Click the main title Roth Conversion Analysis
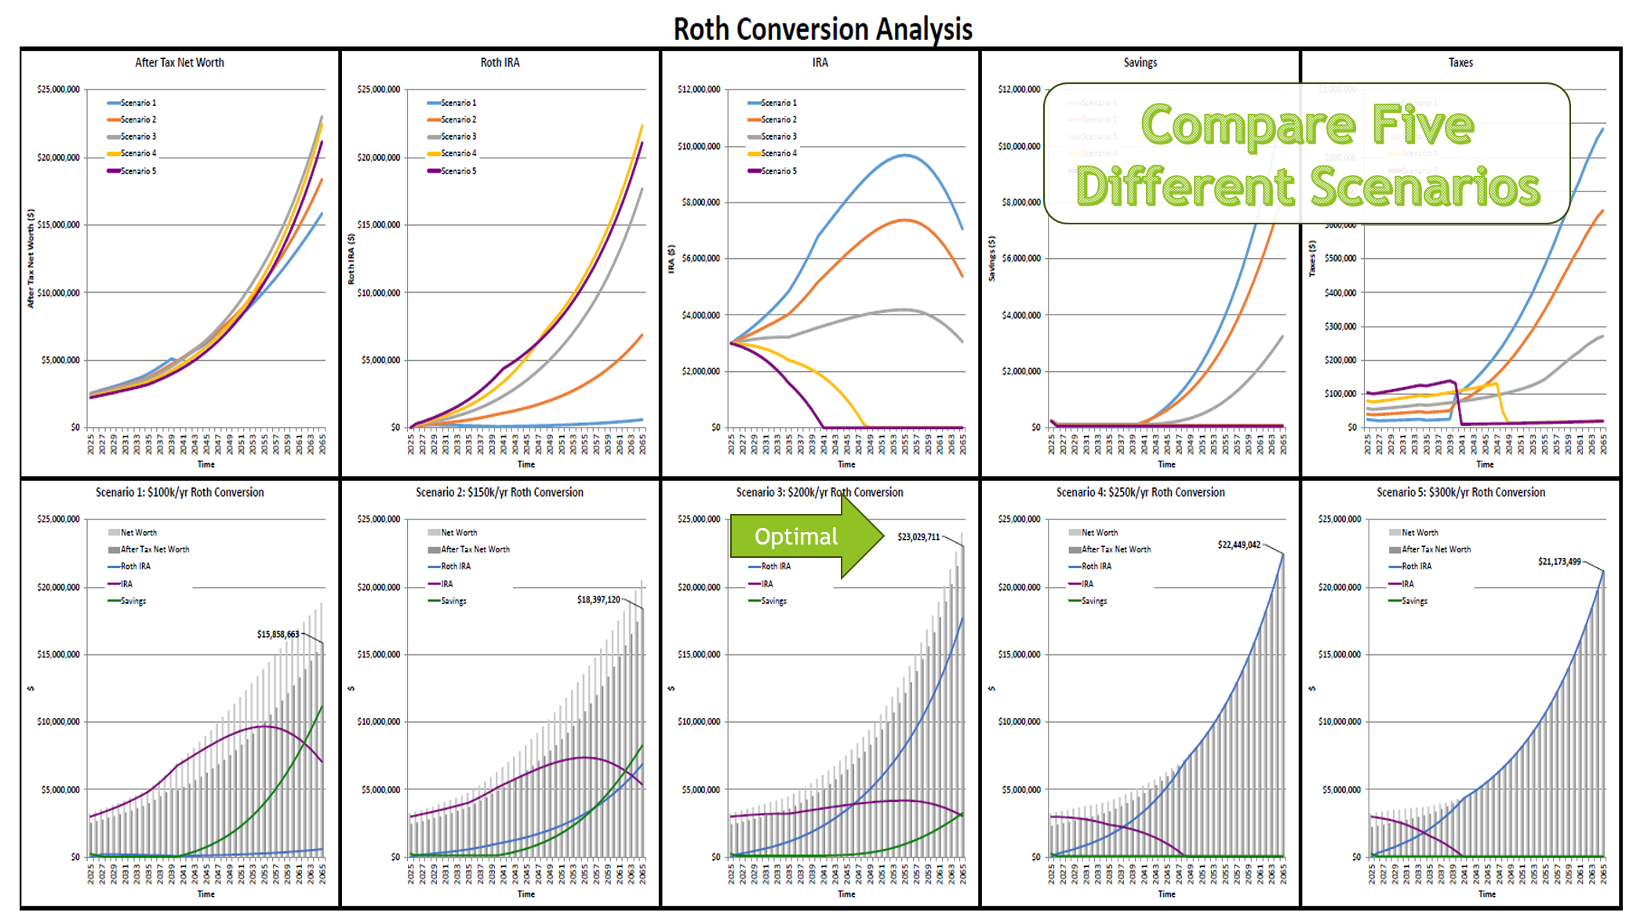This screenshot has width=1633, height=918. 822,29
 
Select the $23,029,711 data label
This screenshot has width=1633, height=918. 918,537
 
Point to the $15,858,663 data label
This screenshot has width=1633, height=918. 278,634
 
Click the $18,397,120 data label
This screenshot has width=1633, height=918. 598,599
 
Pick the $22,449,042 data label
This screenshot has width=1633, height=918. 1238,545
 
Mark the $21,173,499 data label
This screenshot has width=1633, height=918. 1558,562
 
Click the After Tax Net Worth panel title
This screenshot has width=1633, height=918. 179,63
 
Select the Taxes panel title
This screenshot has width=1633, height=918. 1460,63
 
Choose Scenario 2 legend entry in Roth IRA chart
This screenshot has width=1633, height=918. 457,120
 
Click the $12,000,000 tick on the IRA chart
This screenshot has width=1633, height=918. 698,89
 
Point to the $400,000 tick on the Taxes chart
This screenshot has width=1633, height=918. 1340,293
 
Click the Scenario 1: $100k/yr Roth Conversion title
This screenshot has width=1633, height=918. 180,493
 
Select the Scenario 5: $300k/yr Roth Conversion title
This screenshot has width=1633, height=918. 1460,493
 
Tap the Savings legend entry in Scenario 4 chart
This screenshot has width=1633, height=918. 1093,601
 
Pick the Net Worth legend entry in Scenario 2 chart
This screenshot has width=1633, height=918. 458,533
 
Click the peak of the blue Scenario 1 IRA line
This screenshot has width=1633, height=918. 905,155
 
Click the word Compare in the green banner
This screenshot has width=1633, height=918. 1247,126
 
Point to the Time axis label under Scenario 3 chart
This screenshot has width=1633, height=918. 846,894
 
